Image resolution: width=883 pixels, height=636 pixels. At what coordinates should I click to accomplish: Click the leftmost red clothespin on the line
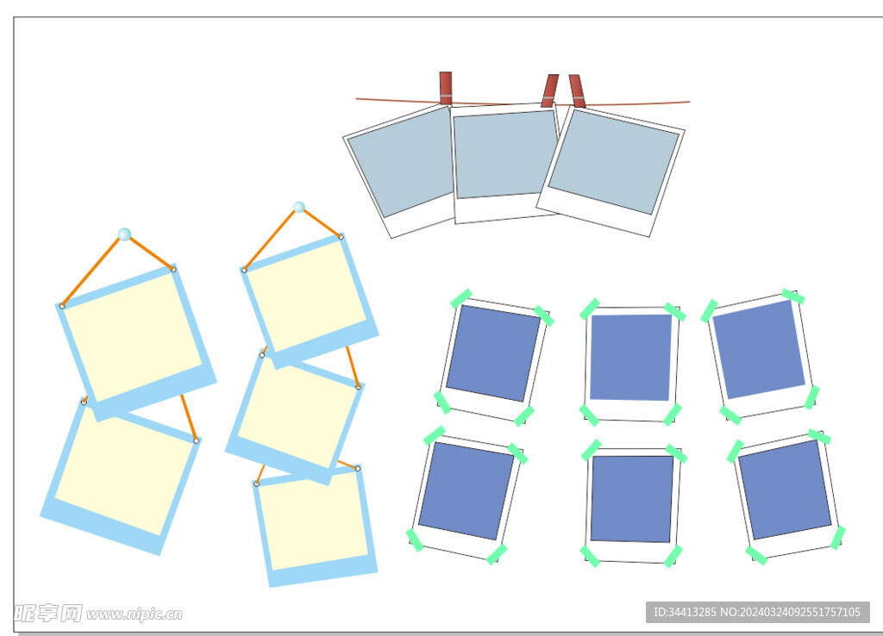(x=446, y=89)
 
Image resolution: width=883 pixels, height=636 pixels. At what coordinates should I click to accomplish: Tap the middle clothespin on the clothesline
(x=549, y=90)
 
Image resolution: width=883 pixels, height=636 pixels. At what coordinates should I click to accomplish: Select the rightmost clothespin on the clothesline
(x=577, y=90)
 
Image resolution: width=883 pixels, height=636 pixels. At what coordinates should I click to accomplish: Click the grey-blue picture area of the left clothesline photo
(x=401, y=161)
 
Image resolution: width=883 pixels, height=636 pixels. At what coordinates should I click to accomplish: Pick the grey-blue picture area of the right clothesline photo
(x=614, y=162)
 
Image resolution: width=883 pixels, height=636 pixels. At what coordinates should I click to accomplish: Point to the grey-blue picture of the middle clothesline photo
(x=505, y=154)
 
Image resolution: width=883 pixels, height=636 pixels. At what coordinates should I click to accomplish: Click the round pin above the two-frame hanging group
(x=124, y=234)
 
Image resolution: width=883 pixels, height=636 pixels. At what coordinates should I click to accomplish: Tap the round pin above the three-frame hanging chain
(x=299, y=207)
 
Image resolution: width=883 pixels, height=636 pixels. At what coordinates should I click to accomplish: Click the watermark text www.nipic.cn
(x=135, y=614)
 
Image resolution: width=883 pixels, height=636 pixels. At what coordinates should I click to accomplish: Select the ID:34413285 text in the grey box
(x=684, y=612)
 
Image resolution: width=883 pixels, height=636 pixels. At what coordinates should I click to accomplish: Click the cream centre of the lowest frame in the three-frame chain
(x=313, y=521)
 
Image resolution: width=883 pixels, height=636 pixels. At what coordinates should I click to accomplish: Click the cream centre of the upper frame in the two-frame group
(x=132, y=337)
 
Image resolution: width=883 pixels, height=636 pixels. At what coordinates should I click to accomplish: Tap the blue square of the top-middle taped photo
(x=630, y=358)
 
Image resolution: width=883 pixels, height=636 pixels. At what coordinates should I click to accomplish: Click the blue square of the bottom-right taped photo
(x=785, y=489)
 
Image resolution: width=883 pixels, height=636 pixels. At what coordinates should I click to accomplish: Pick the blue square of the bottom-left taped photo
(x=467, y=491)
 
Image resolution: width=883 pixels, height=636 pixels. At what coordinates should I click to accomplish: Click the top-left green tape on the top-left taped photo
(x=461, y=298)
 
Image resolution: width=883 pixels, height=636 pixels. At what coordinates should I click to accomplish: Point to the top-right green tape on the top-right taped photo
(x=793, y=296)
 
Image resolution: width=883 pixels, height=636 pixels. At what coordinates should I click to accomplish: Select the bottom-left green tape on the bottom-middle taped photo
(x=590, y=556)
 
